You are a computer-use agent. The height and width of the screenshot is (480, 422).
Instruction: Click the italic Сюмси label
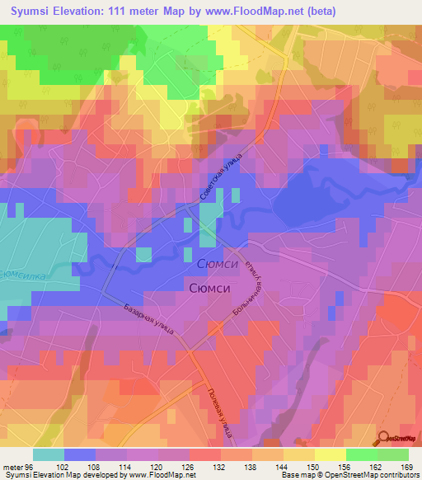pyautogui.click(x=218, y=263)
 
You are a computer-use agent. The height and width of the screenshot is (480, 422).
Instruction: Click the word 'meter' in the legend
pyautogui.click(x=12, y=466)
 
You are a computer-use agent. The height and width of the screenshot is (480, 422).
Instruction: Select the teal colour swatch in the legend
pyautogui.click(x=49, y=454)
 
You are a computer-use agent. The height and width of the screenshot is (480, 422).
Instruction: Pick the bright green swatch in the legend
pyautogui.click(x=361, y=454)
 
